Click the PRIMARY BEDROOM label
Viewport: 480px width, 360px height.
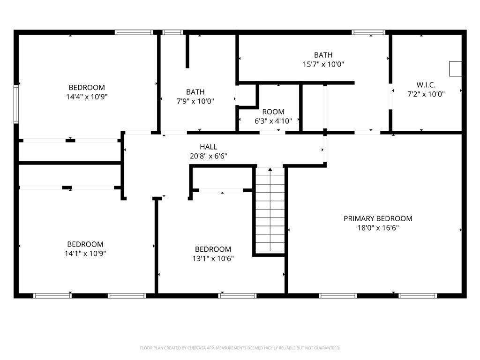[378, 218]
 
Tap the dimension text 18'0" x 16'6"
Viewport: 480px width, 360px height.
[378, 228]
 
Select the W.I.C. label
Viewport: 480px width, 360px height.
[426, 85]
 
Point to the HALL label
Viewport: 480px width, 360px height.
[208, 147]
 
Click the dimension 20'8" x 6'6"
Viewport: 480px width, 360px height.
[208, 156]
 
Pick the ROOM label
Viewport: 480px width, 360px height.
[273, 112]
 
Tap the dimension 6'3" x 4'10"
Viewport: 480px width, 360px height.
[273, 121]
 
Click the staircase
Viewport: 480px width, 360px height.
[270, 211]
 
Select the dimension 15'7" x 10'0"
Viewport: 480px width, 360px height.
[323, 64]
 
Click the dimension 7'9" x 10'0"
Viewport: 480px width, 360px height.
[195, 101]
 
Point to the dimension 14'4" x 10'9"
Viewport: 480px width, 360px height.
[87, 97]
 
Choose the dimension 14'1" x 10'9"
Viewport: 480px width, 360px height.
[85, 253]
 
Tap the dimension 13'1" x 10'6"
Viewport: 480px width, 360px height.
[213, 258]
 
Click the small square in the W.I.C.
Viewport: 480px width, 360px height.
[455, 68]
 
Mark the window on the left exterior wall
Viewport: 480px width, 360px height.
[16, 104]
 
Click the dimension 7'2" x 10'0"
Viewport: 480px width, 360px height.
[426, 94]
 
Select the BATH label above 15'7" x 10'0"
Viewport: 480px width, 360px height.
[323, 55]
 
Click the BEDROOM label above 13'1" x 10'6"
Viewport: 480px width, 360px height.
[213, 249]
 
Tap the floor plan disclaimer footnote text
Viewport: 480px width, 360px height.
[240, 348]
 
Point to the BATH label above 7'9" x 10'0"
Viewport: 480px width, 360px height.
[195, 92]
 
